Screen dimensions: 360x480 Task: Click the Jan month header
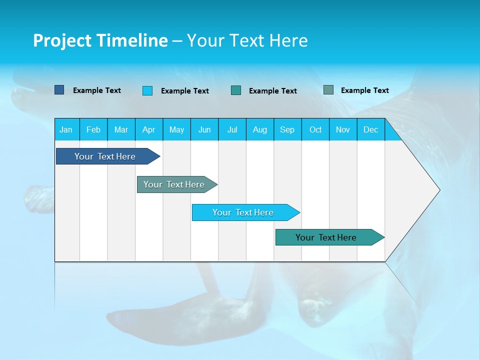[66, 130]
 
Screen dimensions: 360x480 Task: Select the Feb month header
[93, 130]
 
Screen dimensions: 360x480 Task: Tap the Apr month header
[148, 130]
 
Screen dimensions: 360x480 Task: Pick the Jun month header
[204, 130]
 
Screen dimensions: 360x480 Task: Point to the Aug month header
[260, 130]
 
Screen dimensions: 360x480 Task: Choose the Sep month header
[287, 130]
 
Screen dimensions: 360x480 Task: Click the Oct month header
[315, 130]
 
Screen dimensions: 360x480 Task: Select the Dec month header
[370, 130]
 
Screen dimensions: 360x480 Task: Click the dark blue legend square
[59, 90]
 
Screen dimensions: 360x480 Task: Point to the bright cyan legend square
[147, 90]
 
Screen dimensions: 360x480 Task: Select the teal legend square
[236, 90]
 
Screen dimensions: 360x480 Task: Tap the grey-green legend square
[328, 90]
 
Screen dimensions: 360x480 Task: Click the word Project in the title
[62, 40]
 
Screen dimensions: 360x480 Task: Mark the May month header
[176, 130]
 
